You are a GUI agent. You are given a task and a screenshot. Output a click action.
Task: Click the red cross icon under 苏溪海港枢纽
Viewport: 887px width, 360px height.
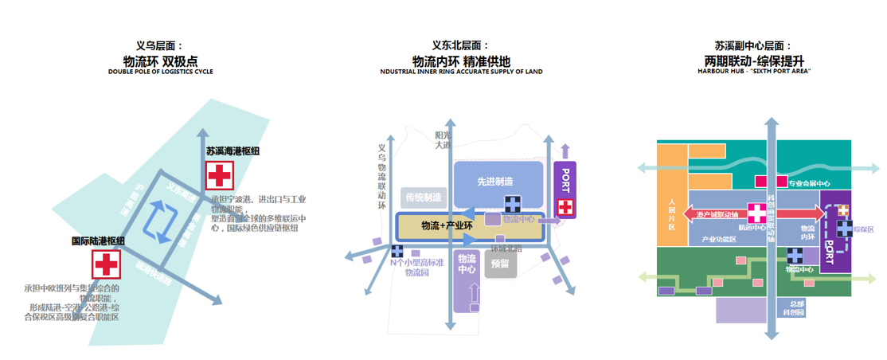(219, 175)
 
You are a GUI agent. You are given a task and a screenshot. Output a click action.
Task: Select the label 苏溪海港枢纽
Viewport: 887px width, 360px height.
(232, 151)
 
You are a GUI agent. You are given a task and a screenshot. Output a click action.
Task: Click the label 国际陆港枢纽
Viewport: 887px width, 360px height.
(98, 241)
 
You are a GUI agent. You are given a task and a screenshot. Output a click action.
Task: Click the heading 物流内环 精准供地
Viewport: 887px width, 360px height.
(461, 61)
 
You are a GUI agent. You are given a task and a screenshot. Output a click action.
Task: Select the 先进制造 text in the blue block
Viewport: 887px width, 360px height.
(494, 182)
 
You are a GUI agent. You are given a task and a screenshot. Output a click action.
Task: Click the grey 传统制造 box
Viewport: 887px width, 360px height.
(424, 198)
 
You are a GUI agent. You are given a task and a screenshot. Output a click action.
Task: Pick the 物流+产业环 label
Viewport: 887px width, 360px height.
(447, 226)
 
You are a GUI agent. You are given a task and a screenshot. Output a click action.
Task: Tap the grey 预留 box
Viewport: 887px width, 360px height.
(500, 264)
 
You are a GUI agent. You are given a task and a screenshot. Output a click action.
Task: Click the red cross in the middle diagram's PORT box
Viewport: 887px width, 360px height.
(565, 207)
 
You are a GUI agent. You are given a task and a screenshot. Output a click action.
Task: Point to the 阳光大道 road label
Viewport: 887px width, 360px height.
(442, 140)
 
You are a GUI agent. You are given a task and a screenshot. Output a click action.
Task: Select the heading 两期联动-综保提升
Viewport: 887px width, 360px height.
(754, 61)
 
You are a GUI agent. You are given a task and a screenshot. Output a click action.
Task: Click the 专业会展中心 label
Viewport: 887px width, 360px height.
(809, 183)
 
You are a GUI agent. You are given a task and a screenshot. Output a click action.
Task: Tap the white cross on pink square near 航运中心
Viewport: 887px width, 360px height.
(756, 213)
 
